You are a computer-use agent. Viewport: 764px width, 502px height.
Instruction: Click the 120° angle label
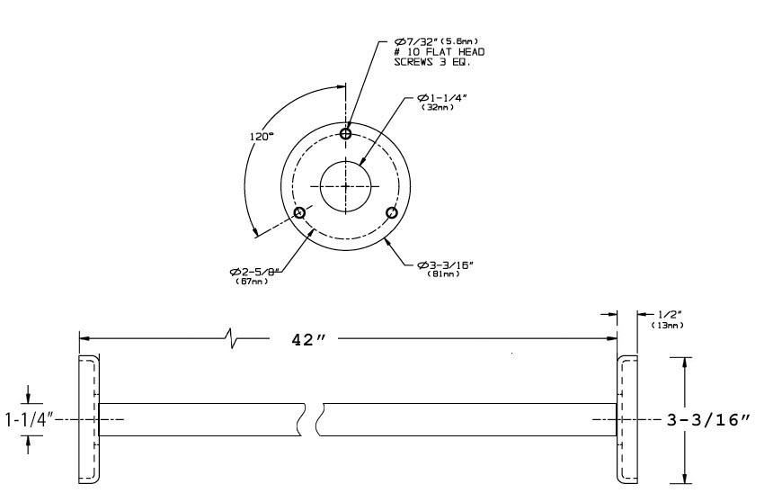(262, 137)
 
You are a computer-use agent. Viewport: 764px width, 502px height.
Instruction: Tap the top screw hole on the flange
(345, 133)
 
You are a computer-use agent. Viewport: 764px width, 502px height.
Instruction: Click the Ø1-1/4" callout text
(442, 97)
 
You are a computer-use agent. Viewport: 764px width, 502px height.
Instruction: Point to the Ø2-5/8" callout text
(257, 272)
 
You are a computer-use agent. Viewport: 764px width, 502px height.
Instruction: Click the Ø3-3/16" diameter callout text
(445, 264)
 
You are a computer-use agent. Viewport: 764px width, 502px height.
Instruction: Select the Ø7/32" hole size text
(415, 41)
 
